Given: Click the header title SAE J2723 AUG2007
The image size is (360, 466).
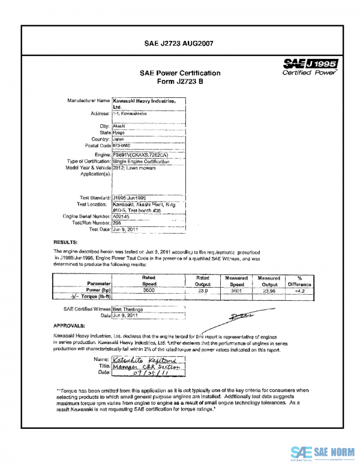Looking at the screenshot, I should pyautogui.click(x=180, y=43).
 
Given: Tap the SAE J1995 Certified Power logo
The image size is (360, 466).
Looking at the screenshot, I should pyautogui.click(x=312, y=65).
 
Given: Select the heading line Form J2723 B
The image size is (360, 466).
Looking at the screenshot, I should pyautogui.click(x=180, y=82).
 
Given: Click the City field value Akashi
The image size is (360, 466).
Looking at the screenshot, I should pyautogui.click(x=119, y=126).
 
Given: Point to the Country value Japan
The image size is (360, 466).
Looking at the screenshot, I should pyautogui.click(x=121, y=138).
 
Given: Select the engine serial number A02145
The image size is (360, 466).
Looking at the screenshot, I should pyautogui.click(x=122, y=216).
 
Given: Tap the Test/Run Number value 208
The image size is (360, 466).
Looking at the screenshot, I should pyautogui.click(x=118, y=222).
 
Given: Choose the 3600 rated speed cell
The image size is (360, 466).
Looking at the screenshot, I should pyautogui.click(x=149, y=290).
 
